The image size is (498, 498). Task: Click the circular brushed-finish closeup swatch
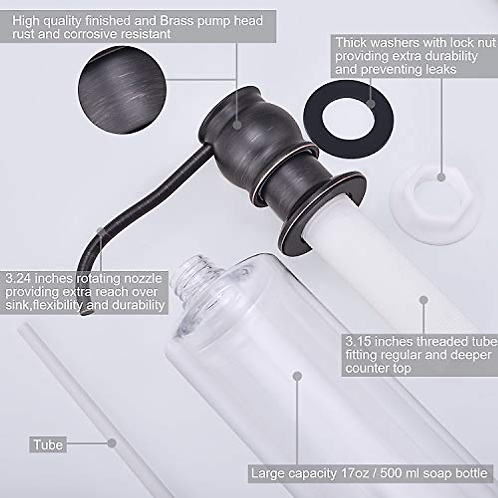[x=120, y=90]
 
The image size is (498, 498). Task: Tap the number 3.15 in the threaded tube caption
[x=359, y=342]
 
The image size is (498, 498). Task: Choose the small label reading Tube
[x=48, y=445]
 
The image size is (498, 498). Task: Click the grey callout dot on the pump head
[x=237, y=124]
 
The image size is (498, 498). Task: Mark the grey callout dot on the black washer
[x=371, y=103]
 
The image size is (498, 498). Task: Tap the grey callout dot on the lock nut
[x=441, y=177]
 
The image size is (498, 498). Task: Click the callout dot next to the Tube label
[x=111, y=443]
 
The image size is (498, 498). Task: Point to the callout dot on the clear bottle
[x=297, y=376]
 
